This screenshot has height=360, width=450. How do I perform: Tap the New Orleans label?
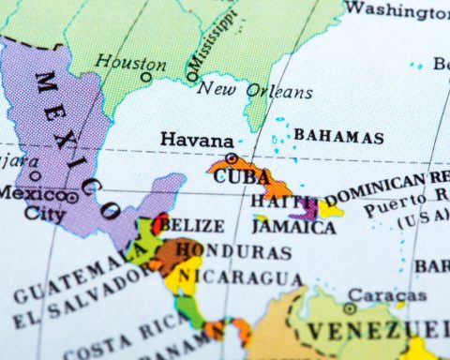click(254, 91)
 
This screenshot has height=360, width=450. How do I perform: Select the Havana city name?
click(196, 139)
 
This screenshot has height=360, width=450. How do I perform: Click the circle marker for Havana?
click(232, 158)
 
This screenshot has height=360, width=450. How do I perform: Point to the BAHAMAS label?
click(338, 136)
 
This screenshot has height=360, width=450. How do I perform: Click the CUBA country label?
click(242, 176)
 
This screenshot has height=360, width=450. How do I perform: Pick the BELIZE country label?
click(191, 226)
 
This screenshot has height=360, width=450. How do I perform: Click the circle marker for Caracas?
click(349, 307)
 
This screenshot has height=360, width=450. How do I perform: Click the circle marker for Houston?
click(146, 77)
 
